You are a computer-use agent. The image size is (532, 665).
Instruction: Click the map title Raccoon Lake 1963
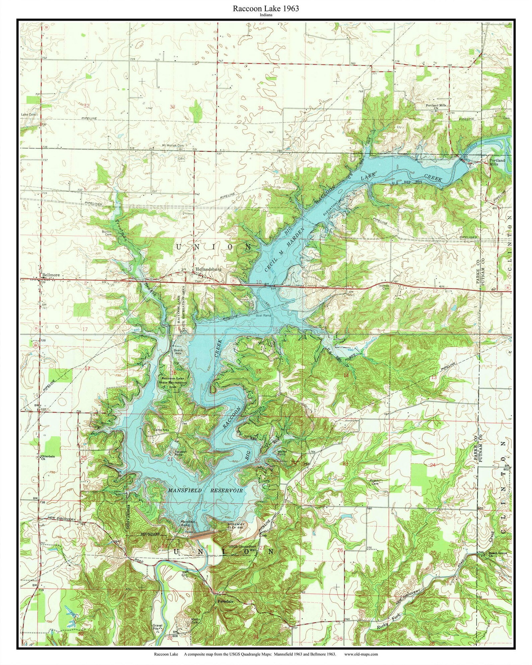coord(266,9)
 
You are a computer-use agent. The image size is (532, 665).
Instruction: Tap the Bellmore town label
coord(51,275)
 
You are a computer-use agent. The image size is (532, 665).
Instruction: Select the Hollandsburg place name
coord(208,269)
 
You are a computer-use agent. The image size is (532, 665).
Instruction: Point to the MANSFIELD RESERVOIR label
coord(205,490)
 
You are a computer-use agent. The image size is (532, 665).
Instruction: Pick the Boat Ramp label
coord(263,316)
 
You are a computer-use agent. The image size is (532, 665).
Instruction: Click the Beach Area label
coord(178,352)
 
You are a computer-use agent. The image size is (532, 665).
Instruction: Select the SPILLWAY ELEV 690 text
coord(236,526)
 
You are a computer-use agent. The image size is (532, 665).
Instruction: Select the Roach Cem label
coord(374,482)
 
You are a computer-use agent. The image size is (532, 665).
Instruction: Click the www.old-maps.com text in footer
coord(361,654)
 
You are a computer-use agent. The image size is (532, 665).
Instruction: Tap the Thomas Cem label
coord(384,287)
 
